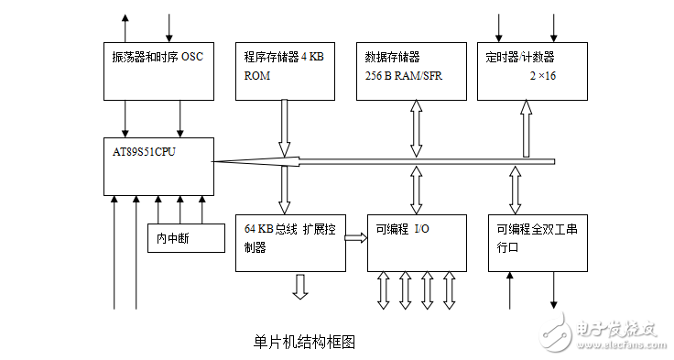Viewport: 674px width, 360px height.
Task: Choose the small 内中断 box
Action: (186, 238)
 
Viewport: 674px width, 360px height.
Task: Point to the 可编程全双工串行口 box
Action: (538, 242)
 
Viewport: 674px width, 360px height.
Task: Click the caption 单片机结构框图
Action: (303, 342)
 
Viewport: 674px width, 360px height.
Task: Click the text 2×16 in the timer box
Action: (544, 76)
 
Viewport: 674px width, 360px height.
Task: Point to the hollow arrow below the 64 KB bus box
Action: (299, 286)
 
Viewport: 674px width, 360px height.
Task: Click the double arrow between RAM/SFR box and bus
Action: (418, 128)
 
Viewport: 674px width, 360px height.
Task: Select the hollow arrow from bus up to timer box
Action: (526, 128)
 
